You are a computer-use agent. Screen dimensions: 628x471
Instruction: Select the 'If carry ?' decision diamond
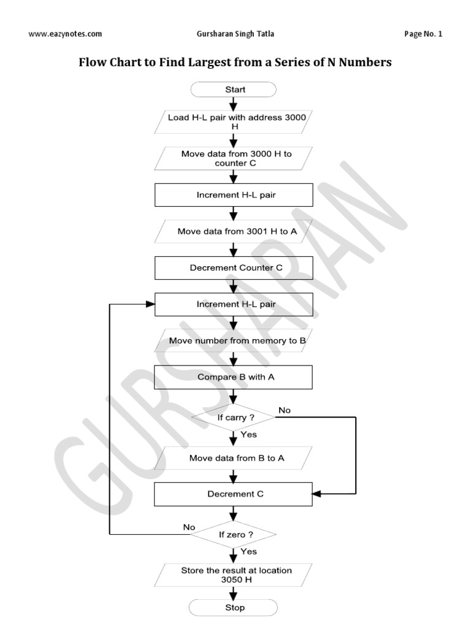pyautogui.click(x=234, y=417)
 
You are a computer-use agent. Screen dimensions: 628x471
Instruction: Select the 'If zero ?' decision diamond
pyautogui.click(x=234, y=534)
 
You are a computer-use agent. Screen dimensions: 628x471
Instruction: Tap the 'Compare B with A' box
pyautogui.click(x=234, y=377)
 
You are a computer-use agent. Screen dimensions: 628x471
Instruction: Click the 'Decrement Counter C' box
pyautogui.click(x=234, y=267)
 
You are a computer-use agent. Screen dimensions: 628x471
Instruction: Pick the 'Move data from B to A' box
pyautogui.click(x=234, y=458)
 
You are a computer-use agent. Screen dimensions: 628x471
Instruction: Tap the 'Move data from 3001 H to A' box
pyautogui.click(x=234, y=231)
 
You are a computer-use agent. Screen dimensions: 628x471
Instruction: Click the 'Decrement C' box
pyautogui.click(x=234, y=494)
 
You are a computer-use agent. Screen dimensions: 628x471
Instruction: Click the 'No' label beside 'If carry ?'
pyautogui.click(x=285, y=410)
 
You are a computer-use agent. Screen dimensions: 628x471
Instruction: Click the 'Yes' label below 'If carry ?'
pyautogui.click(x=248, y=434)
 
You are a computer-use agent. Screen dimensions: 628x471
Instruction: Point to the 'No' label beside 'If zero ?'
pyautogui.click(x=190, y=527)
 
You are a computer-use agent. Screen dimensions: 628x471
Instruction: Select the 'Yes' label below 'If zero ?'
pyautogui.click(x=248, y=551)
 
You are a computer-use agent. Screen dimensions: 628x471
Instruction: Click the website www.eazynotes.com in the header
pyautogui.click(x=65, y=34)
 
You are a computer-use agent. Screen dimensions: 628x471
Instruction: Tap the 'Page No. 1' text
pyautogui.click(x=423, y=34)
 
